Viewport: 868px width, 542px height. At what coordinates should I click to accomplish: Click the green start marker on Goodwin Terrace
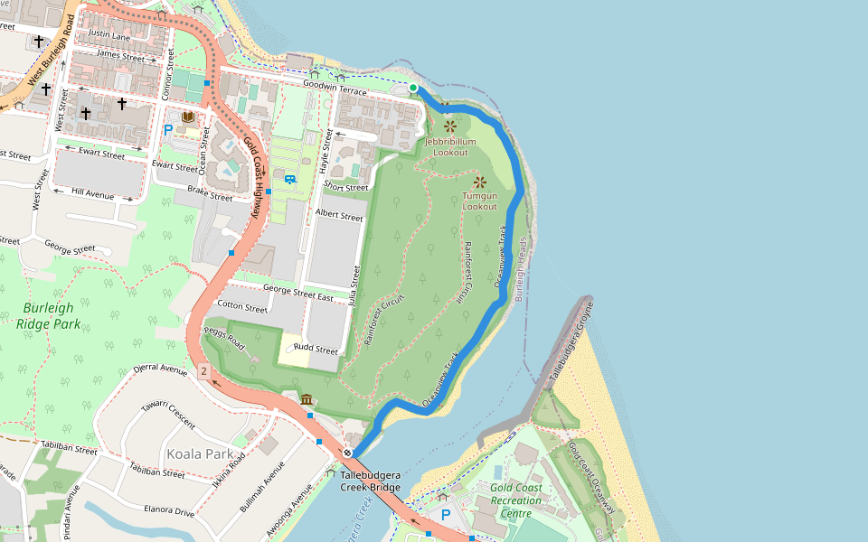pos(413,88)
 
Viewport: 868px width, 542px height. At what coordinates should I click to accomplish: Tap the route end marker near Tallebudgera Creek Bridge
pos(347,452)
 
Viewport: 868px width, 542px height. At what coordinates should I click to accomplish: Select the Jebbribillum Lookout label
pos(450,147)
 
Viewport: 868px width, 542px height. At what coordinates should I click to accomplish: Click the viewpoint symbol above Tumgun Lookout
pos(480,182)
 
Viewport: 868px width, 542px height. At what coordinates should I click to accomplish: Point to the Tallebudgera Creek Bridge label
pos(370,481)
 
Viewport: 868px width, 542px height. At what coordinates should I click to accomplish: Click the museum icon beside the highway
pos(307,399)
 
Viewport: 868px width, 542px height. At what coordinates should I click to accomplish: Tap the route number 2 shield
pos(203,371)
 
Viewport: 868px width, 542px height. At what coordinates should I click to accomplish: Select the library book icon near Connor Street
pos(188,118)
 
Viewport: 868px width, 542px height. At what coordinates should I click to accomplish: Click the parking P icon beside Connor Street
pos(167,129)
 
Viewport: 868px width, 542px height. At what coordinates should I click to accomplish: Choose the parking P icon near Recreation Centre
pos(445,514)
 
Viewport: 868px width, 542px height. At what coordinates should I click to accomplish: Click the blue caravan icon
pos(290,178)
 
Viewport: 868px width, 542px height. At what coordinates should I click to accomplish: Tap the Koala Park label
pos(200,453)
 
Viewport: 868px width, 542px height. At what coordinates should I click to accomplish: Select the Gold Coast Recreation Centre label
pos(516,500)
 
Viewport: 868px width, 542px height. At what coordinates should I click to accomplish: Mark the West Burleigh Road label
pos(50,51)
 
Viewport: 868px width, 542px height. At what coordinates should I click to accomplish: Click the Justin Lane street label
pos(109,36)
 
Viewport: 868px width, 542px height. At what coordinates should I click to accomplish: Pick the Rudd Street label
pos(316,350)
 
